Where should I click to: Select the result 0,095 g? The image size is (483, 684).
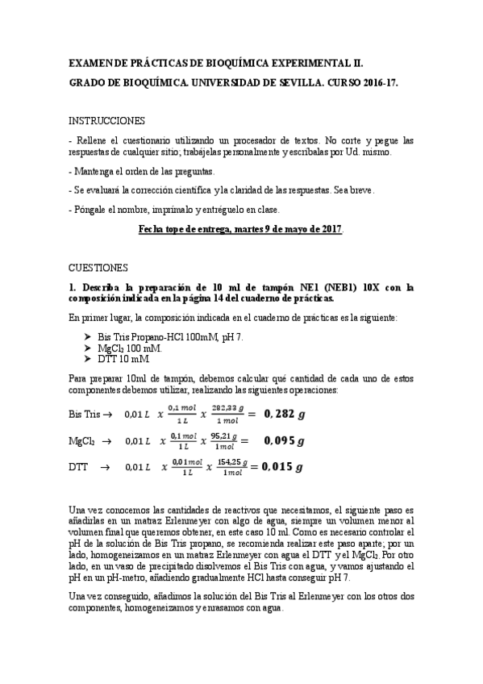284,441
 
